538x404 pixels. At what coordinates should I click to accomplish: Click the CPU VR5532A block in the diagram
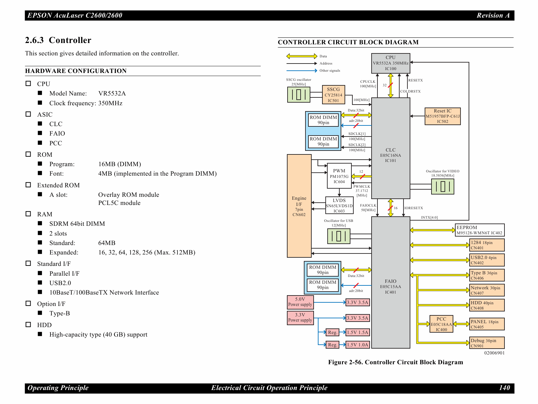coord(390,63)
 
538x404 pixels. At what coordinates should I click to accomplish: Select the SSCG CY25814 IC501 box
coord(333,95)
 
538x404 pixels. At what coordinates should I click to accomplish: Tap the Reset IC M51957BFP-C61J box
coord(442,116)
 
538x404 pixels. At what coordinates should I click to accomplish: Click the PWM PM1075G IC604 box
coord(339,176)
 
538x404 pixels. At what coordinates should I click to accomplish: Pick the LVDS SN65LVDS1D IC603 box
coord(339,206)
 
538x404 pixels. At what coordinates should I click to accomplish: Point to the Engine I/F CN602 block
coord(299,206)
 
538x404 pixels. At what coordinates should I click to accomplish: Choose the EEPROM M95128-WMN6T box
coord(479,230)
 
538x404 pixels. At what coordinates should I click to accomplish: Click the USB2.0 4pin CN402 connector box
coord(487,260)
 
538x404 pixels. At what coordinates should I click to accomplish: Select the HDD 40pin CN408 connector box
coord(487,305)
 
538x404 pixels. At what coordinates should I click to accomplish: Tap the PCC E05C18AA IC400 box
coord(441,324)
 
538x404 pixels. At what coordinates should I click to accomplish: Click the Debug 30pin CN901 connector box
coord(487,343)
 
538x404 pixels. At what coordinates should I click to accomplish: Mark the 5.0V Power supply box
coord(300,302)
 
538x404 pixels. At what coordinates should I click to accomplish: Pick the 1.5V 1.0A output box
coord(357,345)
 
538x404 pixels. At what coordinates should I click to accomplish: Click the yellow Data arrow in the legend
coord(302,56)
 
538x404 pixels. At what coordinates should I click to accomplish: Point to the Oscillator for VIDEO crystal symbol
coord(442,187)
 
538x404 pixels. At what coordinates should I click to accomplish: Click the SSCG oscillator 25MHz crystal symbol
coord(299,94)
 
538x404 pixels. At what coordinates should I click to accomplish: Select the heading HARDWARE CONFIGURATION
coord(76,71)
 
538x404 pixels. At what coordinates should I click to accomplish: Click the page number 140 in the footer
coord(504,388)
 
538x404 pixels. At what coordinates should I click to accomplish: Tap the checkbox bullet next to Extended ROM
coord(28,185)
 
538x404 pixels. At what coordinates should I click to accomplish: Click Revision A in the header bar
coord(493,15)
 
